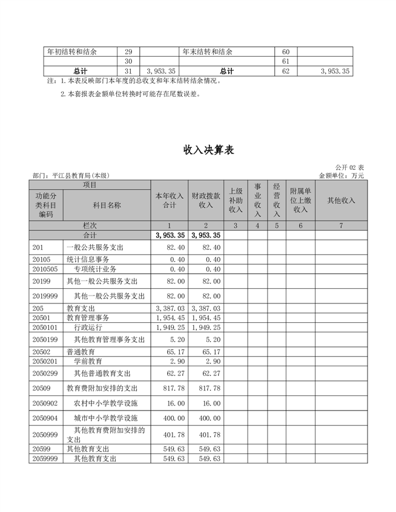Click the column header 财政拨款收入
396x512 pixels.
206,200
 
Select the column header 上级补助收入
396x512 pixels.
236,200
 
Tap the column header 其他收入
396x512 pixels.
341,200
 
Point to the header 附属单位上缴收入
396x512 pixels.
300,200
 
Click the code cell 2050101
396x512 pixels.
45,326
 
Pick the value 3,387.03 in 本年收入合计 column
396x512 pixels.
170,308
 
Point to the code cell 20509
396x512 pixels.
42,387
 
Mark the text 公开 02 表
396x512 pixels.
349,167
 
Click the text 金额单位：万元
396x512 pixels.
342,175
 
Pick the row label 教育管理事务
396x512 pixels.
88,317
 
